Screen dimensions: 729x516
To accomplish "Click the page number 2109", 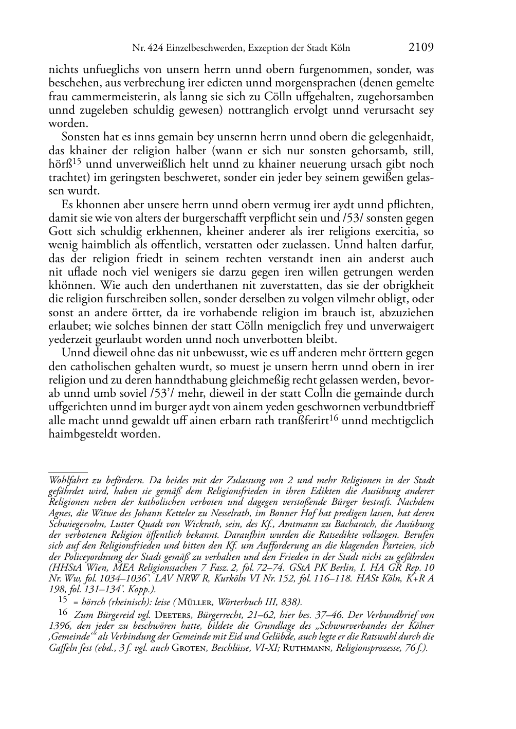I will pyautogui.click(x=421, y=48).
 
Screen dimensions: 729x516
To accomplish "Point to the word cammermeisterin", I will pyautogui.click(x=106, y=97).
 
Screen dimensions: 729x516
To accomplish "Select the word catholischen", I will pyautogui.click(x=100, y=367).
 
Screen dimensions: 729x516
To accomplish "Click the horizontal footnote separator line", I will pyautogui.click(x=68, y=470).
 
